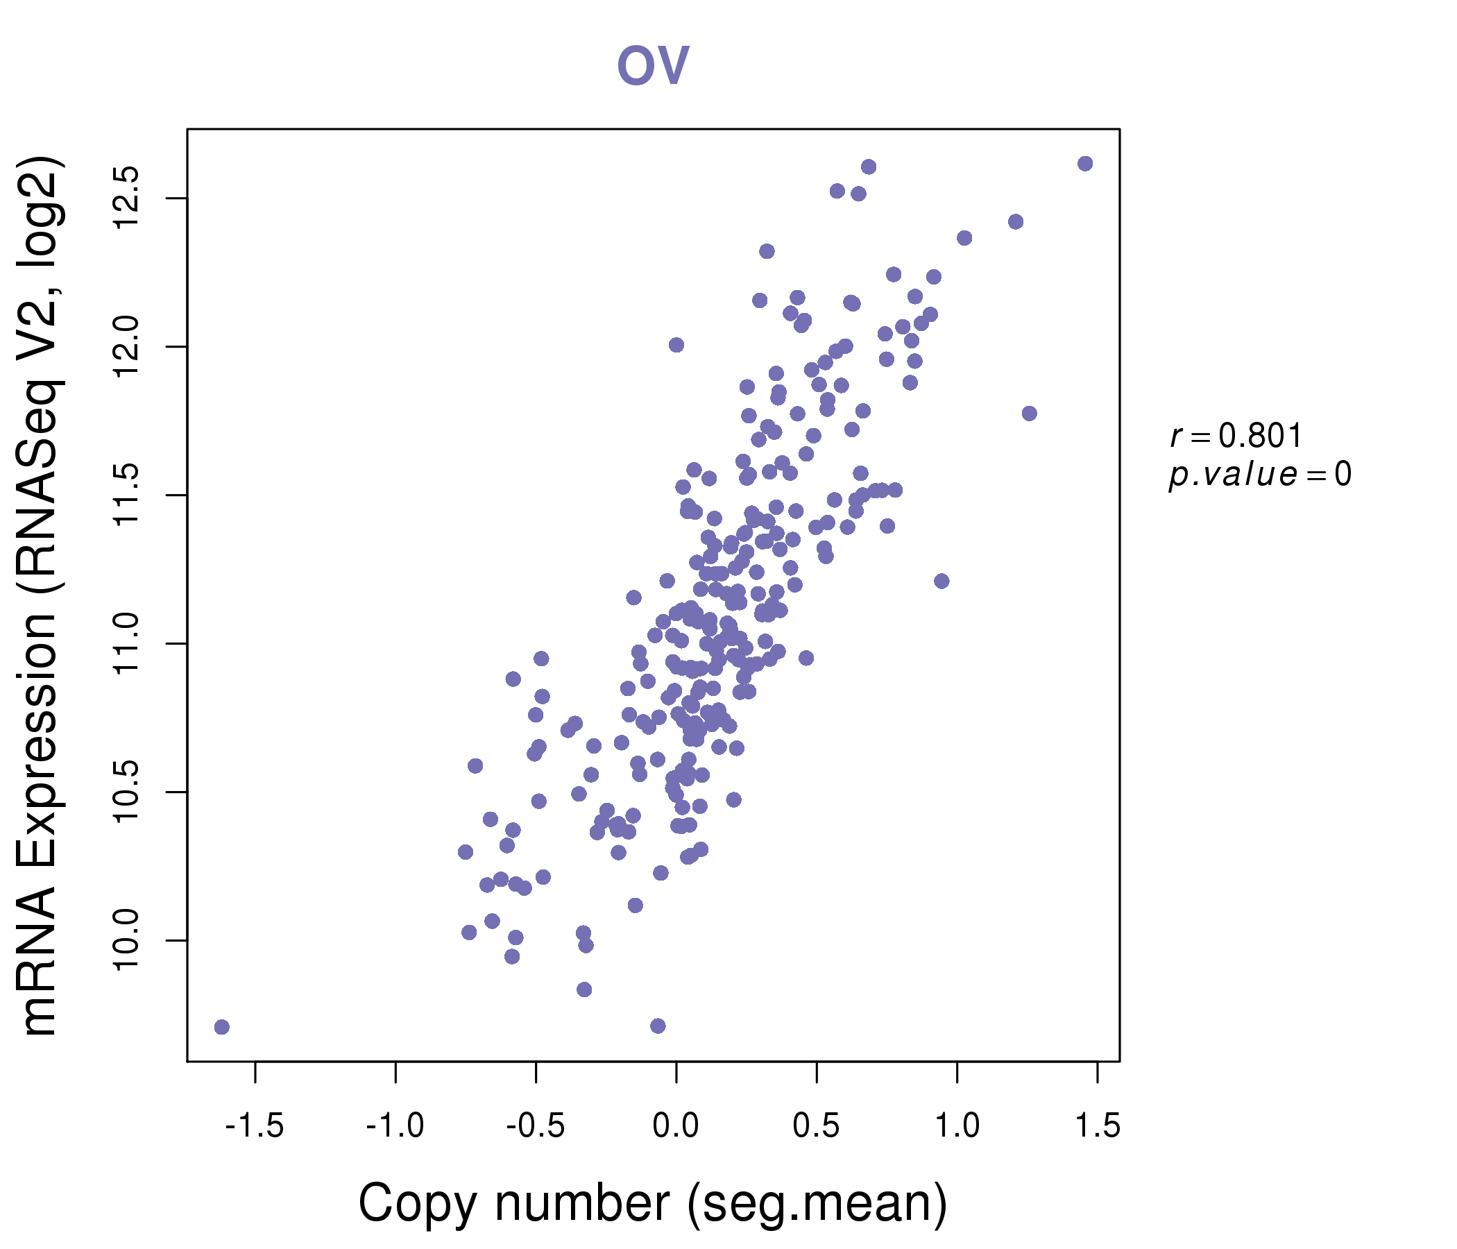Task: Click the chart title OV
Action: click(x=653, y=65)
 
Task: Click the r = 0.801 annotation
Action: click(x=1236, y=436)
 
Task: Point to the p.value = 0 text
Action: click(x=1259, y=475)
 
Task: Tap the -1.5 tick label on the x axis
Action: click(x=255, y=1126)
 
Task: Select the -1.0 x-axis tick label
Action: click(x=395, y=1126)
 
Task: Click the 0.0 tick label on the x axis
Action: click(x=676, y=1126)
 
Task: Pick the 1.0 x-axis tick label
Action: click(x=956, y=1126)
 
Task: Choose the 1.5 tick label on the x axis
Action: click(x=1098, y=1126)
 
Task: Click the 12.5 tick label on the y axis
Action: click(x=128, y=198)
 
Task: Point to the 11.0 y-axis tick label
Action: click(x=128, y=643)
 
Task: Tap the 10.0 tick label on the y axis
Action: click(x=128, y=940)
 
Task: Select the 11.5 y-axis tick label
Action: click(x=128, y=495)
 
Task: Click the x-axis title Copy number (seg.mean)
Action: click(x=653, y=1203)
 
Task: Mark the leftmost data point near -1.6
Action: click(x=221, y=1028)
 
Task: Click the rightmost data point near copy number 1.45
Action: click(x=1085, y=164)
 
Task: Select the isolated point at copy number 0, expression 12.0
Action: click(x=676, y=345)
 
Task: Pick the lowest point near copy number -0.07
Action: click(x=658, y=1026)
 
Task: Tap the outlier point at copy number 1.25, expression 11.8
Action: click(x=1030, y=414)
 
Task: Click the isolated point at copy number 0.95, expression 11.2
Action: click(x=941, y=581)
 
